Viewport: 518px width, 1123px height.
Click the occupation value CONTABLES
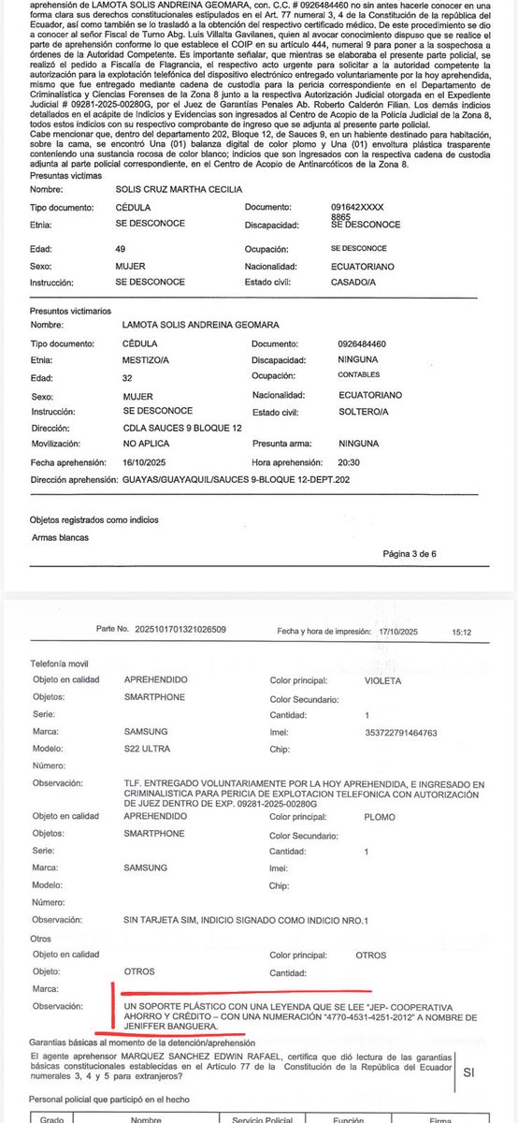(358, 374)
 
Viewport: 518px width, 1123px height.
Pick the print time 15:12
(461, 633)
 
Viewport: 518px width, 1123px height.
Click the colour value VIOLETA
(383, 680)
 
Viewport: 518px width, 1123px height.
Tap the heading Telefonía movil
(65, 663)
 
